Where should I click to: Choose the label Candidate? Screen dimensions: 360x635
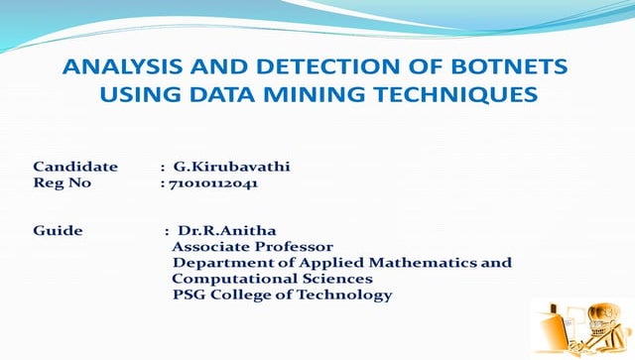tap(75, 166)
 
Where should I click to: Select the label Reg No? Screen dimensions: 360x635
tap(62, 182)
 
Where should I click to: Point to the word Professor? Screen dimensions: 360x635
tap(296, 247)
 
